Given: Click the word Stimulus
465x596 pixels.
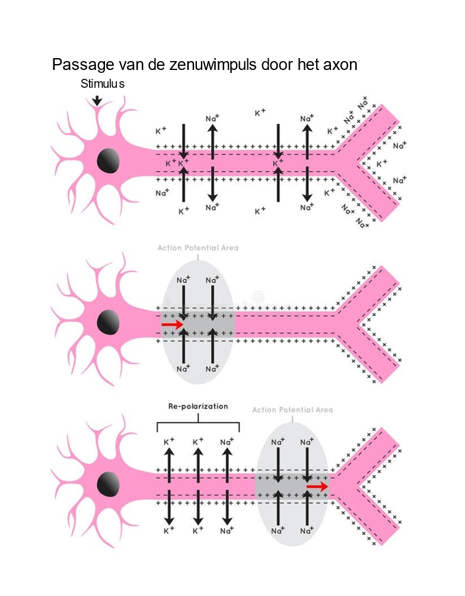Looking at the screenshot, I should click(102, 84).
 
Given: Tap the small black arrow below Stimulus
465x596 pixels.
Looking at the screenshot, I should click(97, 100).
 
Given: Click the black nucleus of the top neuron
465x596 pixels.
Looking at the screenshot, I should click(108, 161).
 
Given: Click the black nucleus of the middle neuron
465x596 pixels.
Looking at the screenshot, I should click(108, 322).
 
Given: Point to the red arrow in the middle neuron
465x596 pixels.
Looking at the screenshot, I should click(173, 325).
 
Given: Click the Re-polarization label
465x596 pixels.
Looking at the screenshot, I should click(198, 407).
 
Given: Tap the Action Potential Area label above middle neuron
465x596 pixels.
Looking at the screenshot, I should click(198, 248).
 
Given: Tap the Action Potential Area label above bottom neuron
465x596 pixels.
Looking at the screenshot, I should click(292, 410).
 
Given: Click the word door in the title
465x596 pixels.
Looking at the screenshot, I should click(276, 65).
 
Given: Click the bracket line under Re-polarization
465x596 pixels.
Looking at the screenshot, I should click(198, 423).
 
